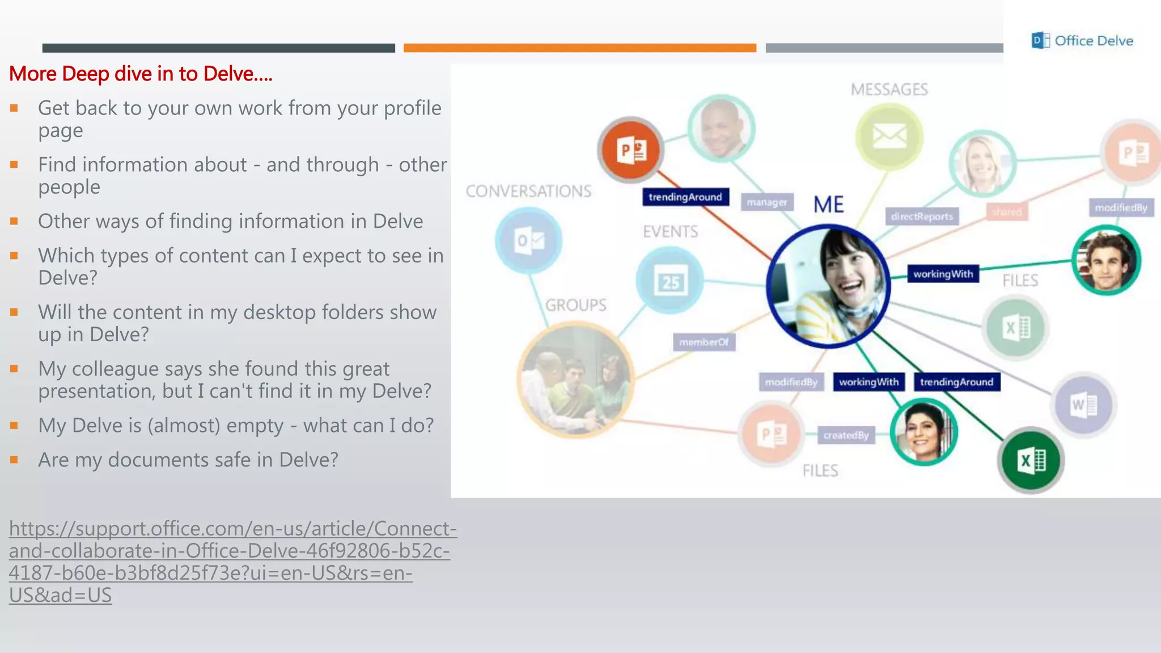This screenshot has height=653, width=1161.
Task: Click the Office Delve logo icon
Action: (1040, 40)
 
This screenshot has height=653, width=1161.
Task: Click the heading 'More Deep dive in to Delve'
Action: (141, 74)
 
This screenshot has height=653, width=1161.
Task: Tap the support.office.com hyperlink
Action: (232, 561)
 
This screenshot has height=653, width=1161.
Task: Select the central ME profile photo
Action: (828, 286)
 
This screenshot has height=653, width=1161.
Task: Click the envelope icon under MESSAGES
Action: (889, 136)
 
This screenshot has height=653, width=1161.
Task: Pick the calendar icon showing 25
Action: (670, 281)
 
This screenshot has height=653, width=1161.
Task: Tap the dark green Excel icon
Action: (1031, 460)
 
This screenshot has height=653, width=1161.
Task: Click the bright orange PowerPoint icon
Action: (630, 150)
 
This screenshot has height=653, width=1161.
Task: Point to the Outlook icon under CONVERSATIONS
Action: (528, 240)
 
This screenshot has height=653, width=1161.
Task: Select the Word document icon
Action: (1084, 405)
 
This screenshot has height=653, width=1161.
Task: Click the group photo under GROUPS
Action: (575, 380)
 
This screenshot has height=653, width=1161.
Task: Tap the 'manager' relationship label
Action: (766, 202)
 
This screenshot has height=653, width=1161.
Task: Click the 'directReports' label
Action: (922, 217)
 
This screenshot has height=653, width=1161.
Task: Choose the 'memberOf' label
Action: (704, 342)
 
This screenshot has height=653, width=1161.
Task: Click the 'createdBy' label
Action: (846, 435)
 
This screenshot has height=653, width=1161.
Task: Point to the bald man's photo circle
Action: (721, 128)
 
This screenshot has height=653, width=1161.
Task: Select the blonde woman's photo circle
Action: (982, 163)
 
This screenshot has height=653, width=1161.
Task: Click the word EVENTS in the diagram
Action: (670, 231)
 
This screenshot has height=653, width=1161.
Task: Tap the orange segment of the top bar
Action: (579, 48)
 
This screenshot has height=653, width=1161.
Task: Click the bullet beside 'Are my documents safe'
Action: (14, 460)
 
